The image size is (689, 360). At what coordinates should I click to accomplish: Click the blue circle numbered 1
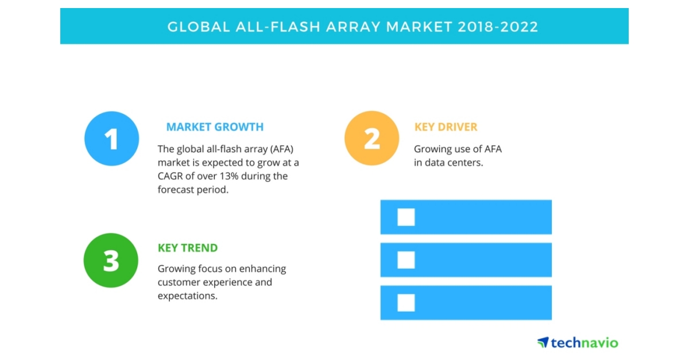click(111, 138)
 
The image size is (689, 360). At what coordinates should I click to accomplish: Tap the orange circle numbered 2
click(371, 138)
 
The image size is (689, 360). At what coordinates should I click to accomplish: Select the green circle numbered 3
click(111, 260)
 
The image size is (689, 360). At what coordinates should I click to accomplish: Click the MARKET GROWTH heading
click(215, 127)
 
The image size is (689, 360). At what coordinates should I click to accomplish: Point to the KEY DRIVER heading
click(446, 127)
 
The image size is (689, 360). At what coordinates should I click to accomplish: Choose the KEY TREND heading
click(188, 248)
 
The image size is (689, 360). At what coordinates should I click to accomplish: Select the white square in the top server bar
click(406, 217)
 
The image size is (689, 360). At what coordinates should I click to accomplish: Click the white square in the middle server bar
click(406, 260)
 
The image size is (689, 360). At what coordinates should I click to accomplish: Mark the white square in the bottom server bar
click(406, 303)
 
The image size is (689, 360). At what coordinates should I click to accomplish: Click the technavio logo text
click(585, 343)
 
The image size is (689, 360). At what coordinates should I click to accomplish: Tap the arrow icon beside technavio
click(543, 342)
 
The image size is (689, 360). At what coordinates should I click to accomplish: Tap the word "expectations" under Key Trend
click(187, 295)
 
